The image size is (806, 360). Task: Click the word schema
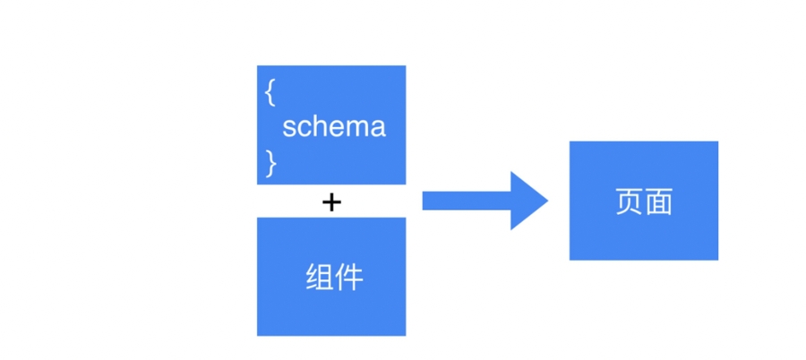pos(334,126)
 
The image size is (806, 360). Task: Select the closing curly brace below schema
pos(270,161)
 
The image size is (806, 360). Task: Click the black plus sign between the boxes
pos(331,202)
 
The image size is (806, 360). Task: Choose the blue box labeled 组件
pos(331,277)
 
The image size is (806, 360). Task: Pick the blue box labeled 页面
pos(643,201)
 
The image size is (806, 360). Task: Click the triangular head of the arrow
pos(527,201)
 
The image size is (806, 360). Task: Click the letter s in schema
pos(289,127)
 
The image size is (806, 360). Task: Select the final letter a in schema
pos(378,127)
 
